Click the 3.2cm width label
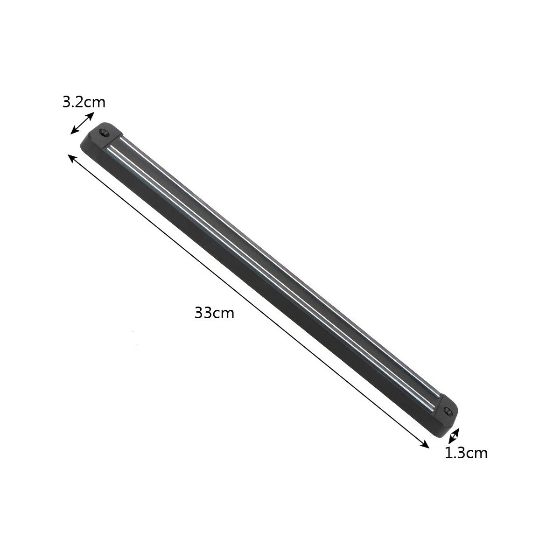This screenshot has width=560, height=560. click(x=84, y=102)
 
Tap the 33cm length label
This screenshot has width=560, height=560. click(x=214, y=313)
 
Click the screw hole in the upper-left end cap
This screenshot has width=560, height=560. click(x=104, y=133)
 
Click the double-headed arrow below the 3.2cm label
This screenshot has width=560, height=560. click(x=82, y=123)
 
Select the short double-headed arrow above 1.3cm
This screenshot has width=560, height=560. click(x=454, y=436)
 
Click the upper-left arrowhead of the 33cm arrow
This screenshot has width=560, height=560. click(x=71, y=157)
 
